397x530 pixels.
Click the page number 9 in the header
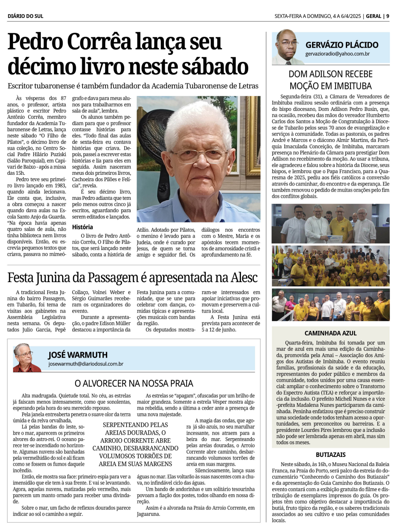[x=387, y=16]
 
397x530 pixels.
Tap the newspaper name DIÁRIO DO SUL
[x=25, y=16]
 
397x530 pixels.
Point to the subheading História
[x=82, y=227]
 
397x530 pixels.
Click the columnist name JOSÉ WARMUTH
[x=78, y=355]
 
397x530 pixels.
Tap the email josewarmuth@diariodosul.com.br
[x=86, y=364]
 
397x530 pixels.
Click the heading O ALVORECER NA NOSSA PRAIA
[x=134, y=383]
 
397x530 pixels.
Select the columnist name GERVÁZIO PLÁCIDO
[x=342, y=45]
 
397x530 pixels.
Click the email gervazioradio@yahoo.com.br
[x=337, y=54]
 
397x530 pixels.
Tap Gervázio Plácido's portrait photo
[x=287, y=47]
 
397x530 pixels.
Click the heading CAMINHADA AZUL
[x=330, y=333]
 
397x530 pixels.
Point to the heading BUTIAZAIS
[x=330, y=455]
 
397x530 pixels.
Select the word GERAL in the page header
[x=374, y=16]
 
